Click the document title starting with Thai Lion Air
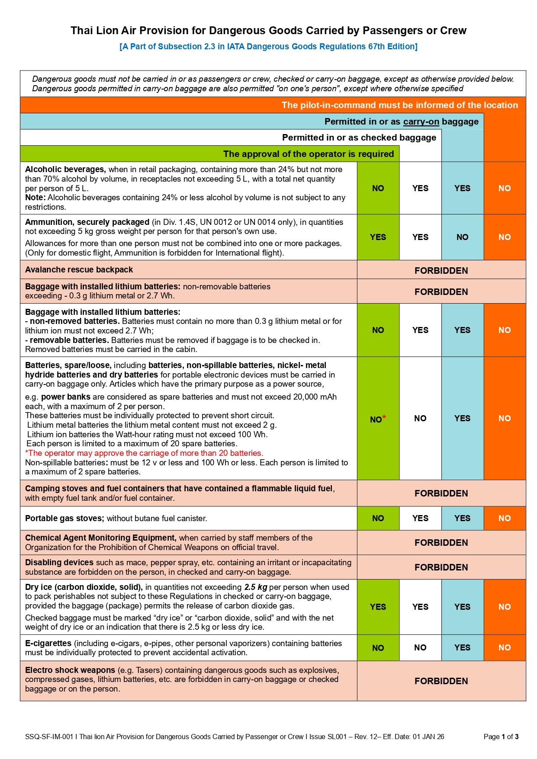pyautogui.click(x=268, y=31)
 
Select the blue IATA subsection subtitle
pyautogui.click(x=268, y=47)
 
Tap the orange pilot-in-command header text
pyautogui.click(x=399, y=105)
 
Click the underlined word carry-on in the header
pyautogui.click(x=421, y=122)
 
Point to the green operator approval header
pyautogui.click(x=308, y=154)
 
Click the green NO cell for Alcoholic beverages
pyautogui.click(x=378, y=188)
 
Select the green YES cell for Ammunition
pyautogui.click(x=378, y=237)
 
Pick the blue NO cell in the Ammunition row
pyautogui.click(x=462, y=237)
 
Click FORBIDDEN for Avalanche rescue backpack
pyautogui.click(x=441, y=271)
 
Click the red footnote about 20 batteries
pyautogui.click(x=144, y=453)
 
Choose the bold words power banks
pyautogui.click(x=66, y=397)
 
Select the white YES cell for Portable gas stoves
pyautogui.click(x=420, y=518)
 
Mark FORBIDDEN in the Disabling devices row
pyautogui.click(x=441, y=567)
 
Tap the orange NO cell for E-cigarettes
pyautogui.click(x=505, y=647)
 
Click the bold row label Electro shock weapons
pyautogui.click(x=70, y=670)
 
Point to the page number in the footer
pyautogui.click(x=501, y=737)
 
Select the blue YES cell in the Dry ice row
pyautogui.click(x=462, y=607)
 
